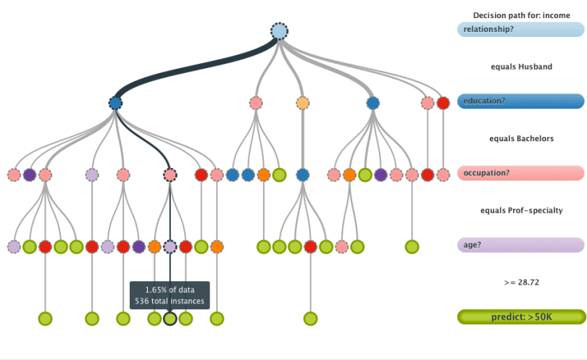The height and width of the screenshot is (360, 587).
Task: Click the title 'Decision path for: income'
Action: click(521, 15)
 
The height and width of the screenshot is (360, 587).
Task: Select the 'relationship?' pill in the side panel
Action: click(520, 30)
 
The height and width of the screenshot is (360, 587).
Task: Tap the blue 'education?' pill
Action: click(520, 101)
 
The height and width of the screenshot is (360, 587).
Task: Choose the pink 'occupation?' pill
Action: click(520, 174)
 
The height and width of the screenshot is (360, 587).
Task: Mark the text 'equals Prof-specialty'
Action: click(521, 210)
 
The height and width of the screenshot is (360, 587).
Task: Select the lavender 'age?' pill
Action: click(520, 246)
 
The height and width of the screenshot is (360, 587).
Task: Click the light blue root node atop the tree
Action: click(280, 31)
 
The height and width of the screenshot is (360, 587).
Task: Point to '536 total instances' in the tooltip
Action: click(170, 301)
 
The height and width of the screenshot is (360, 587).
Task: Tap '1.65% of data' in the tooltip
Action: click(170, 290)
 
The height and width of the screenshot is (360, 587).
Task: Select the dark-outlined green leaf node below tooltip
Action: click(170, 318)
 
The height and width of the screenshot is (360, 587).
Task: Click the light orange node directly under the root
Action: click(303, 103)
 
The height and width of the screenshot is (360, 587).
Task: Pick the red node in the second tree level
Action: click(444, 103)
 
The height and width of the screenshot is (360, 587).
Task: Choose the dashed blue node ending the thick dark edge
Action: click(115, 103)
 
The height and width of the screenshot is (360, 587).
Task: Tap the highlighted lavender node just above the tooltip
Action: click(170, 246)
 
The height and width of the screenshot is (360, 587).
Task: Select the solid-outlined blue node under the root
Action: click(372, 103)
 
